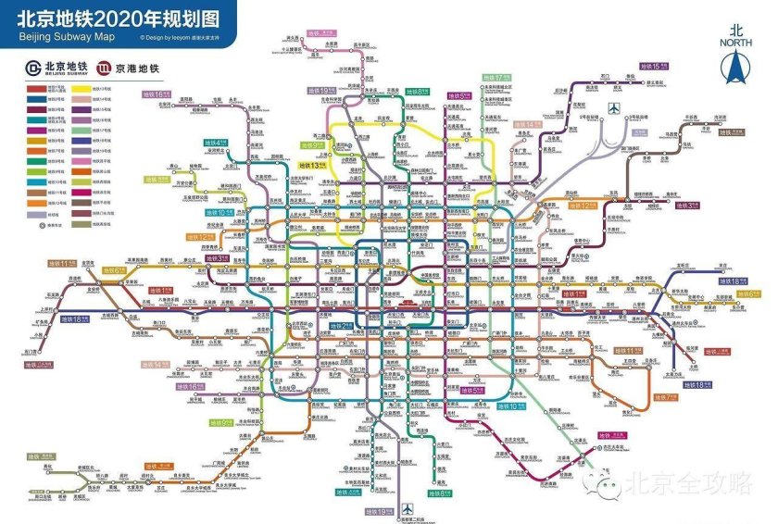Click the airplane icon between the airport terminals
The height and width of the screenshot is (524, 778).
613,109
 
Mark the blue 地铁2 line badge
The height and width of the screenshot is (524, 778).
334,327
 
